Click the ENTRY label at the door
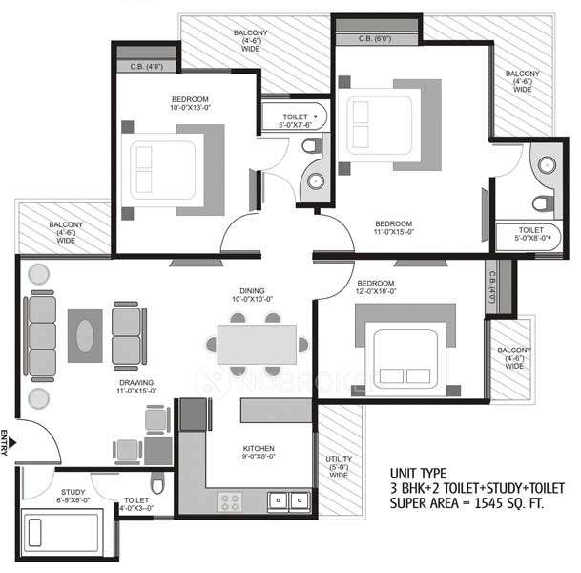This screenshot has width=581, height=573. coord(6,444)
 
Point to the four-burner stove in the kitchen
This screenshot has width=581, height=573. coord(231,499)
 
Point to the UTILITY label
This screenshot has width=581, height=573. coord(336,463)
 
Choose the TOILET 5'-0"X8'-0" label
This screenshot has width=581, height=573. coord(531,235)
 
